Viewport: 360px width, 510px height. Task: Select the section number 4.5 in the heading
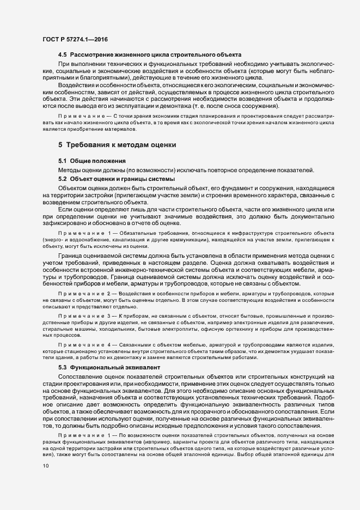tap(63, 55)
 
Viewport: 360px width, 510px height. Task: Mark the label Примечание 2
tap(82, 294)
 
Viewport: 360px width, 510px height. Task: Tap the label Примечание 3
tap(82, 317)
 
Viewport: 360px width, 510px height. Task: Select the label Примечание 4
tap(82, 345)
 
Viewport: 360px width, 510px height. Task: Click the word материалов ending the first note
tap(115, 129)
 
